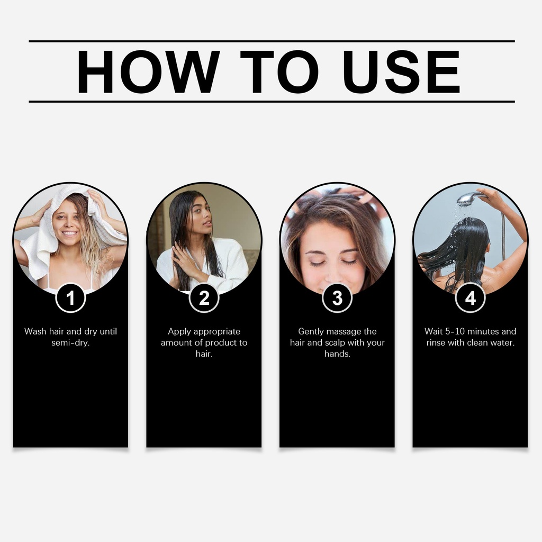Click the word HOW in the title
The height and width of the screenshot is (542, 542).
click(148, 72)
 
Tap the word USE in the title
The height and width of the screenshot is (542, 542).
click(401, 72)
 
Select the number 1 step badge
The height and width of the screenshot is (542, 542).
click(70, 297)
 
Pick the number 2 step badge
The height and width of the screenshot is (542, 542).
click(204, 297)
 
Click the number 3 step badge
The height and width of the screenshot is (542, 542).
click(337, 297)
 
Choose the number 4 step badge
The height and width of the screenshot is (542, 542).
click(470, 297)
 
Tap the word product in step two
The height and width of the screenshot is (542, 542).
click(220, 343)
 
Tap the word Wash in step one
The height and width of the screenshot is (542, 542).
click(35, 331)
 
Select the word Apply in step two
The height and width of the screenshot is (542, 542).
click(178, 332)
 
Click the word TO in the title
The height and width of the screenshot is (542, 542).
click(279, 72)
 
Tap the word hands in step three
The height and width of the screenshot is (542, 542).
click(337, 354)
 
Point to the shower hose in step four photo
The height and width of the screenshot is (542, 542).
click(503, 235)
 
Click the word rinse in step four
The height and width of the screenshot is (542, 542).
click(436, 343)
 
